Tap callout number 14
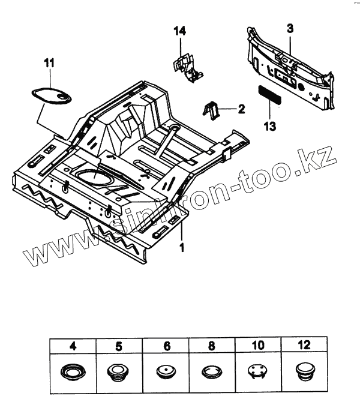click(x=180, y=31)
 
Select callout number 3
click(x=290, y=28)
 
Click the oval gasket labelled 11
click(x=51, y=93)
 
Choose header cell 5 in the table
click(x=119, y=346)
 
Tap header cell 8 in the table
click(x=213, y=346)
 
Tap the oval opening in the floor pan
click(x=94, y=178)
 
